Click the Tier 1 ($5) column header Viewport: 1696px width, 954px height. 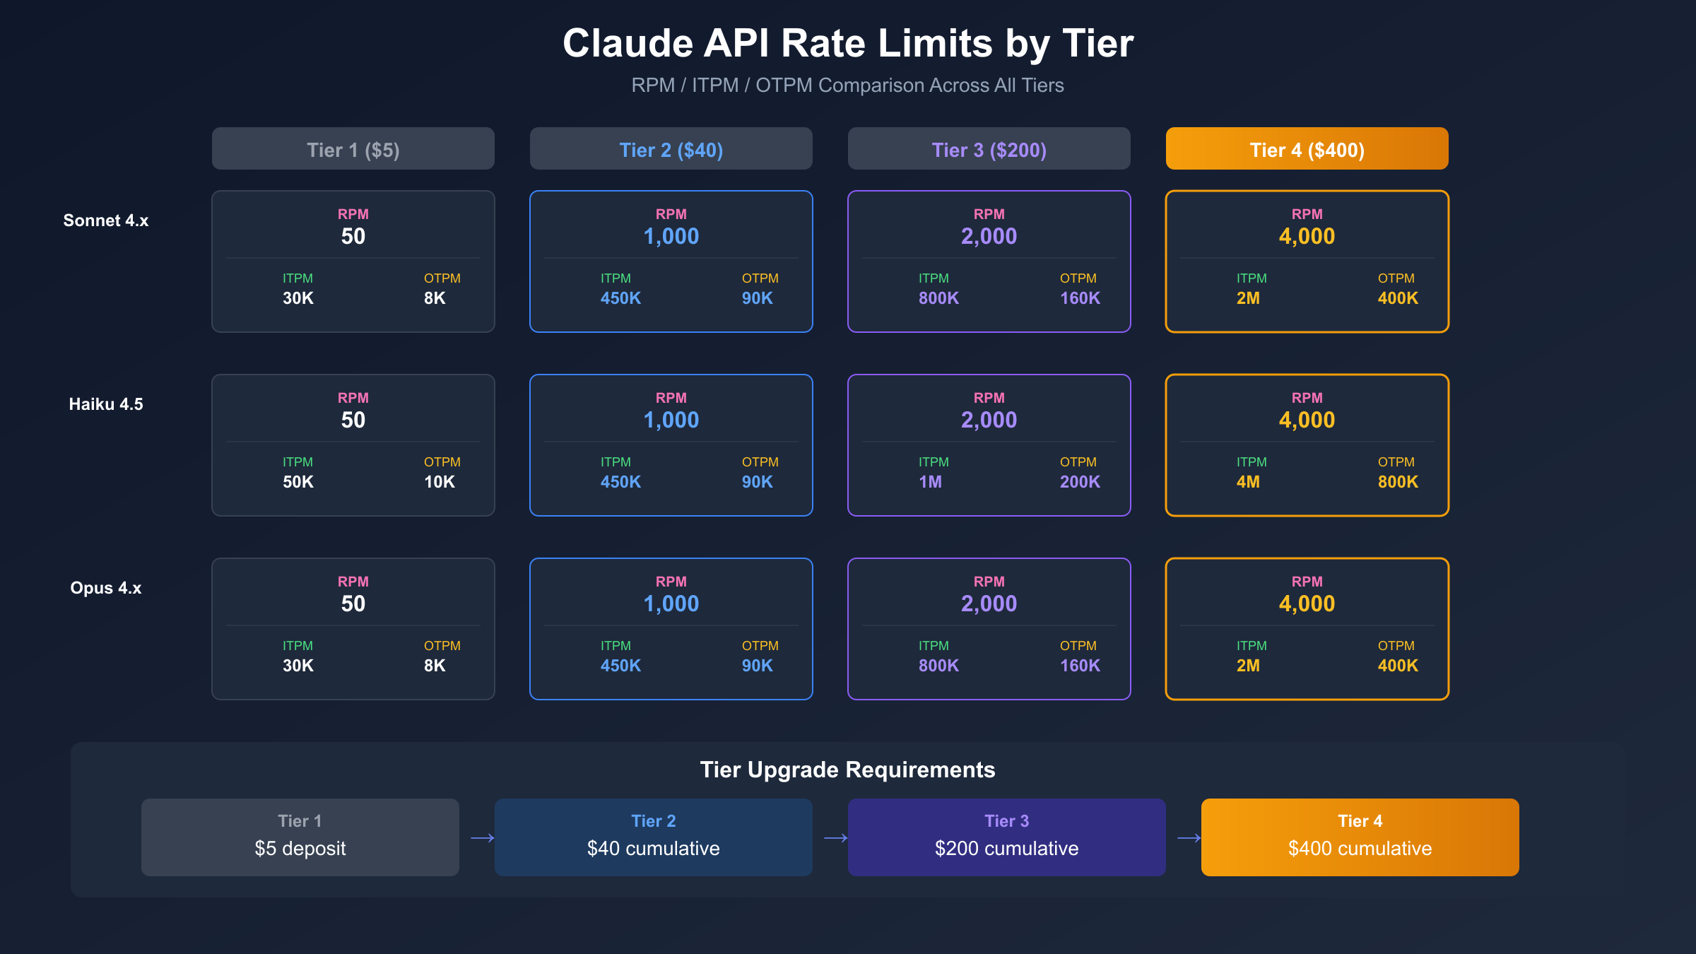coord(353,149)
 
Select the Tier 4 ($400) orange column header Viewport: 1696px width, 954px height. coord(1307,149)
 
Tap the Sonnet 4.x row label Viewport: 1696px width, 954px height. coord(106,220)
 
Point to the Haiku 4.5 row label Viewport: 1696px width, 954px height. coord(106,404)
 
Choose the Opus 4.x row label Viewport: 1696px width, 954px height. coord(106,588)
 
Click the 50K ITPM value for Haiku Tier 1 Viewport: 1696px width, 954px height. coord(298,482)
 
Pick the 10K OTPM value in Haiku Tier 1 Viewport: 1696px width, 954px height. coord(440,482)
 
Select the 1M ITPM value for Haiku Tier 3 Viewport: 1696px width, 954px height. coord(931,482)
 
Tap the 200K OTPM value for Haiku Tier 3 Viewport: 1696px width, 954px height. coord(1080,482)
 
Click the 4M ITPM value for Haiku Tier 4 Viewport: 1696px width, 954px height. coord(1249,482)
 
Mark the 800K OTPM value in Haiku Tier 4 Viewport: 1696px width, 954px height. coord(1398,482)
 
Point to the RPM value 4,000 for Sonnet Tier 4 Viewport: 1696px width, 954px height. coord(1307,236)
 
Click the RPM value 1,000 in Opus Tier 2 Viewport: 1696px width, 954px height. coord(671,603)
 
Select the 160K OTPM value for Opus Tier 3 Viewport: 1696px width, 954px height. coord(1080,666)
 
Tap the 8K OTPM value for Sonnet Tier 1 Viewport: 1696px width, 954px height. coord(435,298)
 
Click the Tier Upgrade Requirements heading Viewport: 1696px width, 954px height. coord(847,770)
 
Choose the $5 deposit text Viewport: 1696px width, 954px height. coord(300,848)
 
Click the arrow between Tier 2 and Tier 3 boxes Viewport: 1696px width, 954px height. coord(835,838)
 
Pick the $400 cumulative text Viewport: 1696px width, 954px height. coord(1360,848)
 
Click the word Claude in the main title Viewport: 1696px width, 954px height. coord(628,43)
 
